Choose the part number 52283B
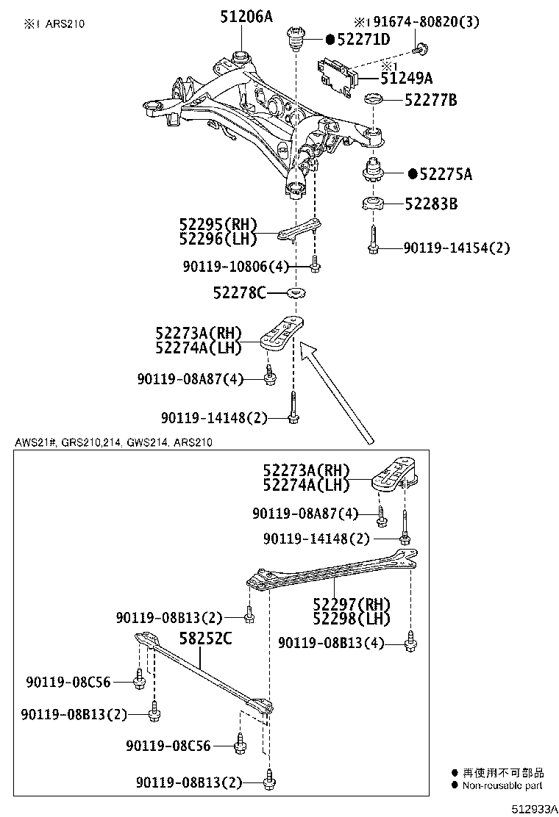(x=430, y=204)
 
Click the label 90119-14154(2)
(x=456, y=248)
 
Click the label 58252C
(x=207, y=638)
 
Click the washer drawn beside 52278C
(x=297, y=294)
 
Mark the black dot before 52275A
(x=413, y=174)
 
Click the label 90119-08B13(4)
(x=331, y=643)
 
